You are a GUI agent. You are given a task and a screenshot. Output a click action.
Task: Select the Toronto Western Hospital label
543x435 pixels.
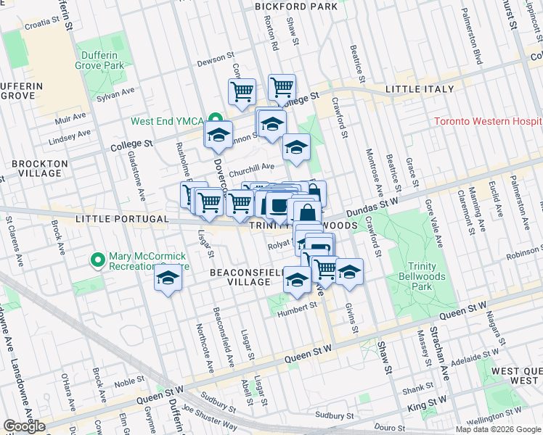coord(488,121)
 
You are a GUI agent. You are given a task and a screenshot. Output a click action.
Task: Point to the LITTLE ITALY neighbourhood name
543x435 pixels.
coord(419,89)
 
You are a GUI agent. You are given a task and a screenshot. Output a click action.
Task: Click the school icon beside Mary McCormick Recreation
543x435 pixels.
coord(168,279)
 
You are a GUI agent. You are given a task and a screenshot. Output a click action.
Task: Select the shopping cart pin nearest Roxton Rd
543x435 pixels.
coord(282,88)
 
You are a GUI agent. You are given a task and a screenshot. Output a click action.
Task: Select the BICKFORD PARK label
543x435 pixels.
coord(295,7)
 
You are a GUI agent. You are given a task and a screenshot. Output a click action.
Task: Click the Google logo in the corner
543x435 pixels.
coord(24,426)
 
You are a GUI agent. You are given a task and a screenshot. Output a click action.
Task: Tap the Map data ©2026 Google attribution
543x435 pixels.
coord(497,429)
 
